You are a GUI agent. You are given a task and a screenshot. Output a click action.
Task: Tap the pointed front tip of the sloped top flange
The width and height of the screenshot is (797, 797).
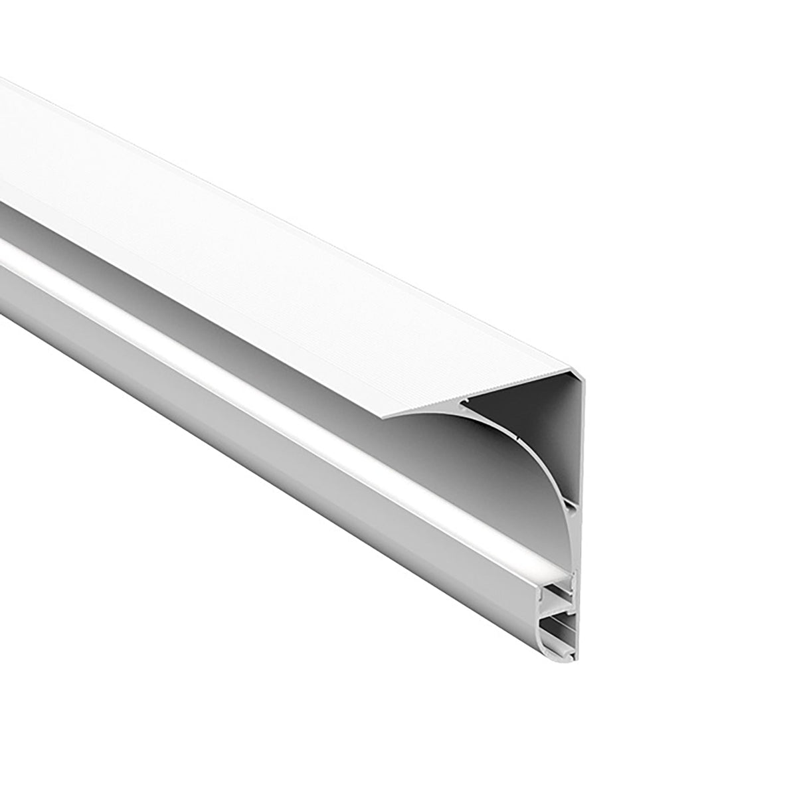pos(384,417)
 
